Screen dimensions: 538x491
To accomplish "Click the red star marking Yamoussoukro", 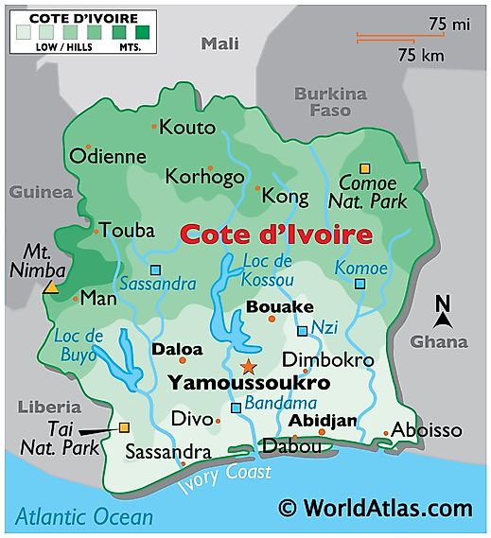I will pyautogui.click(x=248, y=365).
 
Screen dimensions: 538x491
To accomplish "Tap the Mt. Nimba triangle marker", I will pyautogui.click(x=50, y=286).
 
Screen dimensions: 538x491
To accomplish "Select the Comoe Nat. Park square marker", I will pyautogui.click(x=364, y=168).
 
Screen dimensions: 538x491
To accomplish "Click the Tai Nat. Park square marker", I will pyautogui.click(x=124, y=427).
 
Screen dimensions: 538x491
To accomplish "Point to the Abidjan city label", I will pyautogui.click(x=323, y=420).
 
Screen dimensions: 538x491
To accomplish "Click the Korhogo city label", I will pyautogui.click(x=204, y=176).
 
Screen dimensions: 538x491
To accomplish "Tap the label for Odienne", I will pyautogui.click(x=107, y=157).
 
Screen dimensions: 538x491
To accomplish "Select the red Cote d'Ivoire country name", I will pyautogui.click(x=275, y=234).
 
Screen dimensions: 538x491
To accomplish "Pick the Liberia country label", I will pyautogui.click(x=44, y=407).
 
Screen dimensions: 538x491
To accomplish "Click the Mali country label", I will pyautogui.click(x=220, y=43).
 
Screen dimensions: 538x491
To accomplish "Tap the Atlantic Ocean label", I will pyautogui.click(x=83, y=516).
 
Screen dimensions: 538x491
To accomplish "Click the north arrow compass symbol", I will pyautogui.click(x=442, y=313).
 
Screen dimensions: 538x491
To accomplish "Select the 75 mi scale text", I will pyautogui.click(x=448, y=23).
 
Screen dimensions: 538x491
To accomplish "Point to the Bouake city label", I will pyautogui.click(x=279, y=307).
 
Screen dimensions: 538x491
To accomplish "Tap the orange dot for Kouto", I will pyautogui.click(x=153, y=126).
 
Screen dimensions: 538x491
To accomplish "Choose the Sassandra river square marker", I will pyautogui.click(x=155, y=270).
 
